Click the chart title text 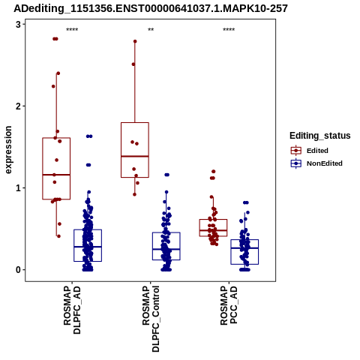(151, 8)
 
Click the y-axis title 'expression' (8, 150)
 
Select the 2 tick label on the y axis (19, 106)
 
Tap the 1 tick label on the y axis (19, 188)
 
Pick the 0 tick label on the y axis (19, 270)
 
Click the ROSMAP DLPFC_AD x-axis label (72, 310)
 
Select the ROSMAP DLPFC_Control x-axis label (151, 319)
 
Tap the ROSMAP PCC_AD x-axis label (229, 305)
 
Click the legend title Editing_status (320, 136)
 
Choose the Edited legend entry (310, 151)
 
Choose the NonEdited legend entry (316, 163)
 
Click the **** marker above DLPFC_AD (72, 30)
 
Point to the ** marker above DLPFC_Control (151, 30)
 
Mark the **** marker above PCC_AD (229, 30)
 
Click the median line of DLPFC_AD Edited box (56, 175)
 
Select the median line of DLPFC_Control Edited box (135, 156)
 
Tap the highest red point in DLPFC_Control (135, 41)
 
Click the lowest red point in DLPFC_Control (134, 194)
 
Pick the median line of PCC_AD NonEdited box (244, 248)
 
